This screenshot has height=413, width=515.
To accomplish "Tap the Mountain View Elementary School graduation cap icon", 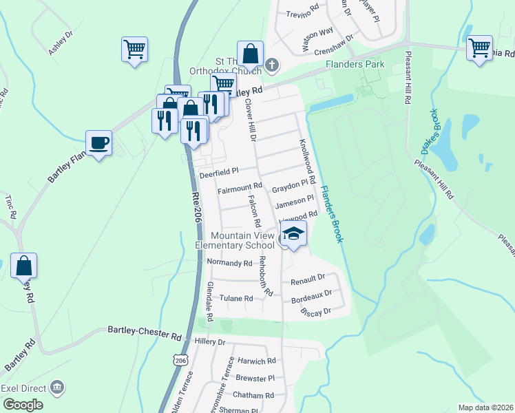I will tap(293, 235).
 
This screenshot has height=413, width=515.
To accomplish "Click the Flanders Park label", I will tap(355, 65).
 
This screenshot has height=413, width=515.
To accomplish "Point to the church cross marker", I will tap(272, 66).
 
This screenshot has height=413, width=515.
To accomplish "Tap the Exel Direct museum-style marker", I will tap(59, 388).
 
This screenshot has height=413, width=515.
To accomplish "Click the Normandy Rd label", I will tap(229, 263).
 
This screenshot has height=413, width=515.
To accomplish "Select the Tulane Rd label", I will tap(236, 298).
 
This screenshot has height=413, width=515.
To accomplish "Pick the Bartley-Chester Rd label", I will tap(144, 332).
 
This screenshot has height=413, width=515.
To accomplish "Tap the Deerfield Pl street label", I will tap(218, 173).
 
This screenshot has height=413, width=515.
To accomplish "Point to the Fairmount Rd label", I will tap(240, 187).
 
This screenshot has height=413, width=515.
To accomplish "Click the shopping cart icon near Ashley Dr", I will tap(135, 49).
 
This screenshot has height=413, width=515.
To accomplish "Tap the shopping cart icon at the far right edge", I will tap(479, 47).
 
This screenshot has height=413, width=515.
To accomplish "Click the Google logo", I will tap(22, 405).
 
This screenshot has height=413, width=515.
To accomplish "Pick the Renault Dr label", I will tap(307, 278).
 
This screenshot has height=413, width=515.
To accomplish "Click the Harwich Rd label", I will tap(256, 361).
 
